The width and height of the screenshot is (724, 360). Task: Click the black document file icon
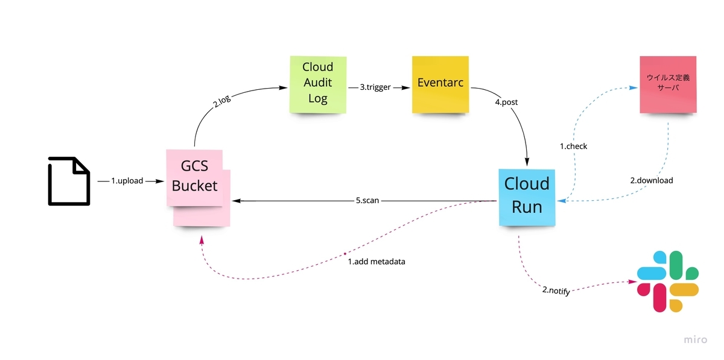point(69,181)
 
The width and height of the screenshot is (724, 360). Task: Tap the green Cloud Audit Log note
point(318,84)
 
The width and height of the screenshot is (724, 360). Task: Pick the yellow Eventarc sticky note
point(440,84)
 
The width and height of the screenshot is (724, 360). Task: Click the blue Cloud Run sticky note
point(527,196)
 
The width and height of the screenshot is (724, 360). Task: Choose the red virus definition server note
point(667,84)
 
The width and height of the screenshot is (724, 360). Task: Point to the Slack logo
point(668,281)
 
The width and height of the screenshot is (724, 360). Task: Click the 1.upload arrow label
point(127,180)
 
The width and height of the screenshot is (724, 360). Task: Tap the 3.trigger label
point(375,87)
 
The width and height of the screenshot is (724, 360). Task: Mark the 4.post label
point(506,103)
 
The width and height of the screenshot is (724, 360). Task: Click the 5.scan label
point(367,200)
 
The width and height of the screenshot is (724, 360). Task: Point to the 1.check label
point(573,146)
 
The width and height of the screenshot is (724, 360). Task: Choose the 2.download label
point(652,180)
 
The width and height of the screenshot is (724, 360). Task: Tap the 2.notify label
point(556,291)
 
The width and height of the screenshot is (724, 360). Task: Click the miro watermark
point(695,340)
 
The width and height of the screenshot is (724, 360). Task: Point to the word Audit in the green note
point(318,82)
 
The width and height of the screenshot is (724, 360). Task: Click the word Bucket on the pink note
point(194,185)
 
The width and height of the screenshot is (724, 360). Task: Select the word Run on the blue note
point(527,207)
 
